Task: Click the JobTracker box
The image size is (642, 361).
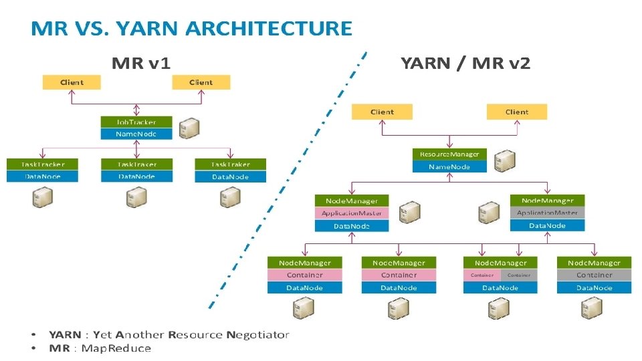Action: click(136, 122)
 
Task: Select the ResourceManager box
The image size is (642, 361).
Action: click(449, 154)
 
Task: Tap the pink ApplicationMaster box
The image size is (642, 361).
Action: click(351, 213)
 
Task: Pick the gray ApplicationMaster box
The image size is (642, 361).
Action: click(547, 213)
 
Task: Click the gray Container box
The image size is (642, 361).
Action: click(594, 275)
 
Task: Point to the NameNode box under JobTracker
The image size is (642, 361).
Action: click(136, 134)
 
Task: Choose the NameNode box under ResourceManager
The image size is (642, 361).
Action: click(449, 166)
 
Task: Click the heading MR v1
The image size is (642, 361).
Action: click(140, 64)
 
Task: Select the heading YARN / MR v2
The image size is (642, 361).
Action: click(465, 64)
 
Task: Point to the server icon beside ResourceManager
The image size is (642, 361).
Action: click(503, 161)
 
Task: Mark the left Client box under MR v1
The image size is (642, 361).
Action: click(72, 82)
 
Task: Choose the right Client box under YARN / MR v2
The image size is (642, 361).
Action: click(516, 112)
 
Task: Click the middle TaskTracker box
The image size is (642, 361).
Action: click(136, 164)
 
